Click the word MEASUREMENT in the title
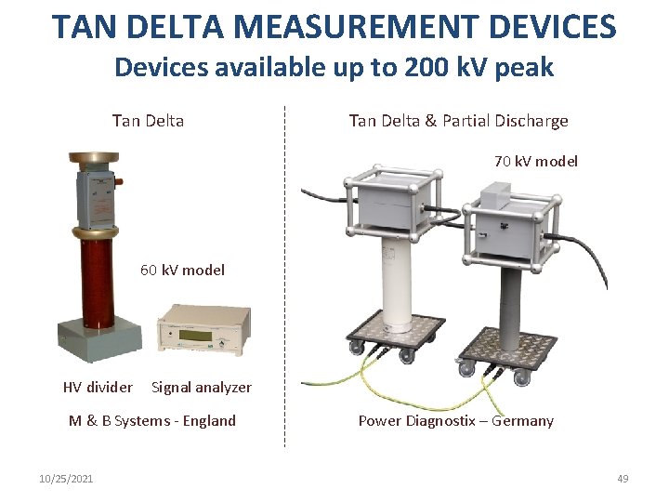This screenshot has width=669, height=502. pyautogui.click(x=356, y=26)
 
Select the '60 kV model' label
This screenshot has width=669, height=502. pyautogui.click(x=182, y=271)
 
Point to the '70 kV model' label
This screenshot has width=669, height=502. pyautogui.click(x=536, y=162)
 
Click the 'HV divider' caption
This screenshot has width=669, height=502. pyautogui.click(x=98, y=387)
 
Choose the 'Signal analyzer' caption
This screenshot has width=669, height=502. pyautogui.click(x=202, y=388)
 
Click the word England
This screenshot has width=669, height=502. pyautogui.click(x=209, y=421)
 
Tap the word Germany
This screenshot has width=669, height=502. pyautogui.click(x=522, y=421)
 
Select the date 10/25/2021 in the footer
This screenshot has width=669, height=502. pyautogui.click(x=66, y=479)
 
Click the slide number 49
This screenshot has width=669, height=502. pyautogui.click(x=623, y=479)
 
